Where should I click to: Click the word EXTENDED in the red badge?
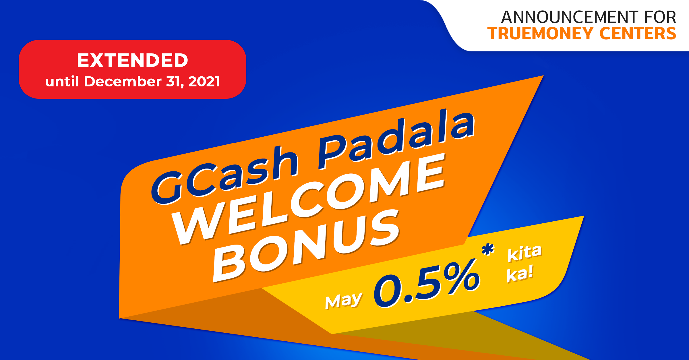[132, 61]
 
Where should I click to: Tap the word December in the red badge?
[123, 81]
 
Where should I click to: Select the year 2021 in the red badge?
[204, 82]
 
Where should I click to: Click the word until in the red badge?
[62, 81]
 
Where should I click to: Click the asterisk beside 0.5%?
[488, 249]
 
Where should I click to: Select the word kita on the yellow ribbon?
[524, 253]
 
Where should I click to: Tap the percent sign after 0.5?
[461, 276]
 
